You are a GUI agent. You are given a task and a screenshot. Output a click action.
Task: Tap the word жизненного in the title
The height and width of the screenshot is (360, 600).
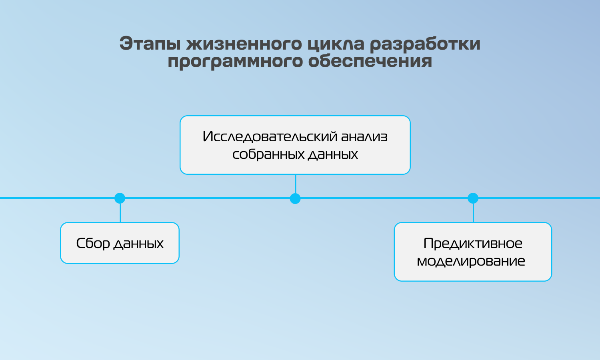click(x=244, y=43)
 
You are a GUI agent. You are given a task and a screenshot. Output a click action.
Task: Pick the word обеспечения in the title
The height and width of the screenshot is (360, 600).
click(x=370, y=61)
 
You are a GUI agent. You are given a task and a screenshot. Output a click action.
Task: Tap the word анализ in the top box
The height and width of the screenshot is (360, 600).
click(x=364, y=137)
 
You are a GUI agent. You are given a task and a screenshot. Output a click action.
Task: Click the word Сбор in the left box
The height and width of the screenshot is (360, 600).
click(x=93, y=243)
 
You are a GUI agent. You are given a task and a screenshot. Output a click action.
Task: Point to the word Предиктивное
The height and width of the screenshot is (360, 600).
click(x=473, y=244)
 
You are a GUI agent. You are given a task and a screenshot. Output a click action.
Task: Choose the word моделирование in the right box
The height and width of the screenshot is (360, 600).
click(x=471, y=261)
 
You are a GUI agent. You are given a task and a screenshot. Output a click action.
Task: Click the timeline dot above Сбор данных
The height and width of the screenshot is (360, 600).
click(x=120, y=198)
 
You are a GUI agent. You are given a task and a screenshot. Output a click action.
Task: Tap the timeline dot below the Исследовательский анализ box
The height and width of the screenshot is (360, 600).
click(x=295, y=198)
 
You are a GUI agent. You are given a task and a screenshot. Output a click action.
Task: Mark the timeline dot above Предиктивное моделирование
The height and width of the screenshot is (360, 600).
click(x=473, y=198)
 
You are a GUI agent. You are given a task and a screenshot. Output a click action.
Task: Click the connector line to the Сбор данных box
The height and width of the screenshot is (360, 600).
click(x=120, y=213)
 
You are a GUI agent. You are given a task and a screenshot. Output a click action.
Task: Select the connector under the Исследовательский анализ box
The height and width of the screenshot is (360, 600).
click(x=296, y=184)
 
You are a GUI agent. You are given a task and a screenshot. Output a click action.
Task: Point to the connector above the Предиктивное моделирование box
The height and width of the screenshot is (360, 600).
click(x=473, y=213)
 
